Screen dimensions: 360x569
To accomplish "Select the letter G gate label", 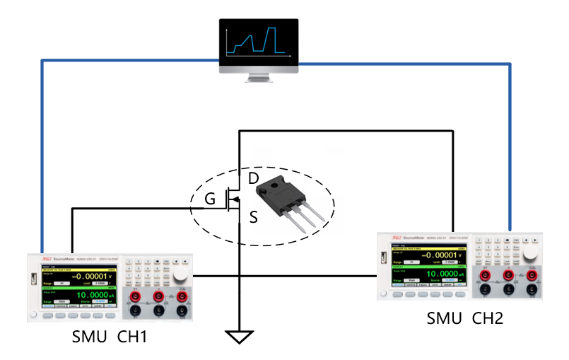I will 210,200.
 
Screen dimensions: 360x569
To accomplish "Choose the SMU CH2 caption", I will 464,318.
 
